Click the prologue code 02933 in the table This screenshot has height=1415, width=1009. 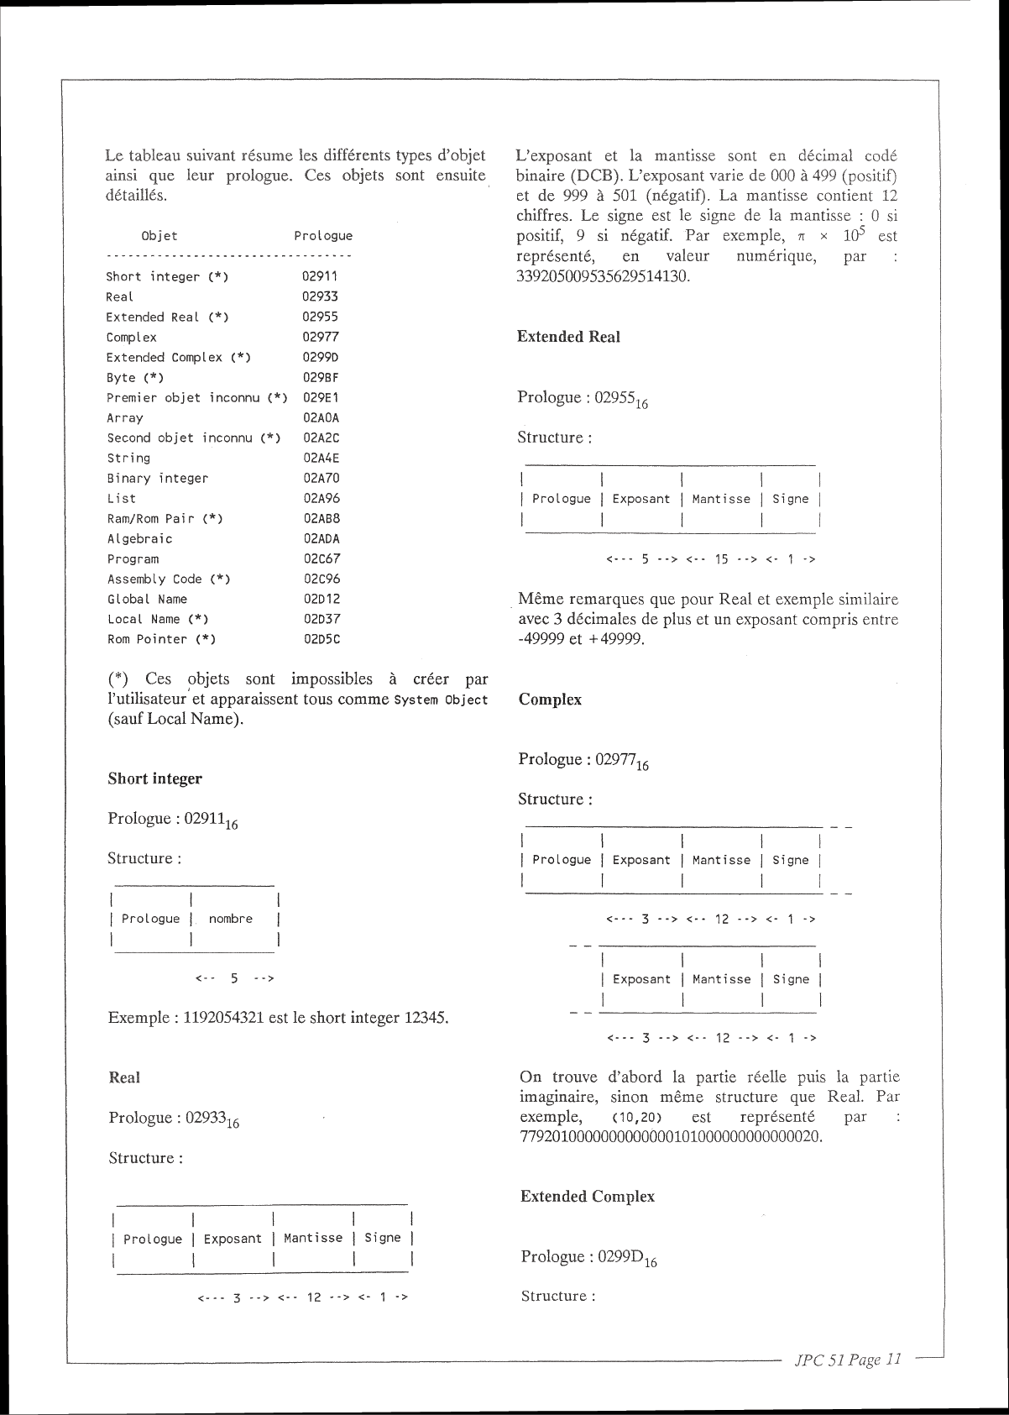click(x=320, y=296)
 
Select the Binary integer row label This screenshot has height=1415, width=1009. click(x=157, y=479)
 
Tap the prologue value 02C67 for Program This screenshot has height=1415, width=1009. click(x=322, y=559)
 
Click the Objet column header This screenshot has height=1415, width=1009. click(x=159, y=236)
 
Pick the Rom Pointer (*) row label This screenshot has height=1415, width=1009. click(x=161, y=640)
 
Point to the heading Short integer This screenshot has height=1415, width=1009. click(x=154, y=778)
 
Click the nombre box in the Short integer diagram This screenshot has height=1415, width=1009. click(x=231, y=919)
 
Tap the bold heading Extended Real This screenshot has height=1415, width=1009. click(x=568, y=337)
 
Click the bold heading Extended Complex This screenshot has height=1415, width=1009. click(x=587, y=1196)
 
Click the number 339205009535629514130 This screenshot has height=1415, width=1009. click(x=602, y=276)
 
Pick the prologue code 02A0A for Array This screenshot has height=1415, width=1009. click(x=322, y=418)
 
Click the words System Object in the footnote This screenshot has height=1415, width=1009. click(x=440, y=700)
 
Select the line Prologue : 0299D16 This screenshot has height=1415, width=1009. click(x=588, y=1257)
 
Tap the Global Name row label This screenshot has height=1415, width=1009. click(x=147, y=600)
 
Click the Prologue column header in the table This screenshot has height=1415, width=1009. click(x=323, y=236)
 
